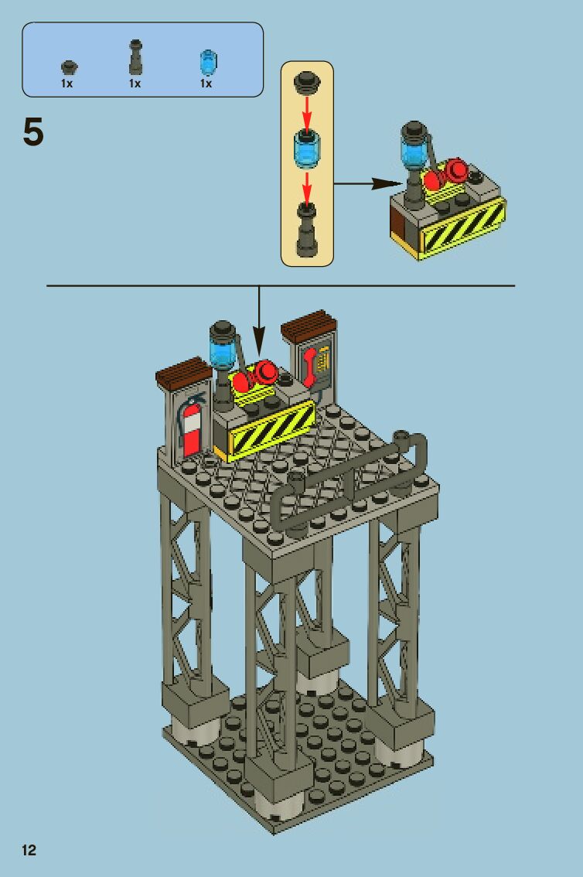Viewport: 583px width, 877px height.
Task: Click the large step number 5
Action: click(34, 134)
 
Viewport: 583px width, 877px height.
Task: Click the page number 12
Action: click(29, 851)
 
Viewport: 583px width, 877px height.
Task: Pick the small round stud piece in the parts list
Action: click(68, 65)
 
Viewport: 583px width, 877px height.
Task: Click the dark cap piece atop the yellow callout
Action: click(307, 80)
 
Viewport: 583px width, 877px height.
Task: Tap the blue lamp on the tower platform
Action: click(221, 347)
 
